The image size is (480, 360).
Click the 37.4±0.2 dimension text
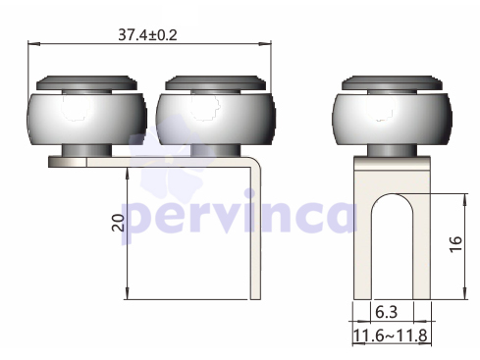147,34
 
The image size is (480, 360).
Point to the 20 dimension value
119,223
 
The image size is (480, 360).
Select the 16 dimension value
455,244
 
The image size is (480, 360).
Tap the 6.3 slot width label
387,312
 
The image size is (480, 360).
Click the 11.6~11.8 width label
391,335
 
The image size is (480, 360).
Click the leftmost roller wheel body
86,119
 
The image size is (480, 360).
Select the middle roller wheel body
216,119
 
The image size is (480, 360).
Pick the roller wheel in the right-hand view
392,119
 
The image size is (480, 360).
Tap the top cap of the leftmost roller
86,83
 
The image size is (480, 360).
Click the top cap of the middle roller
216,83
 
